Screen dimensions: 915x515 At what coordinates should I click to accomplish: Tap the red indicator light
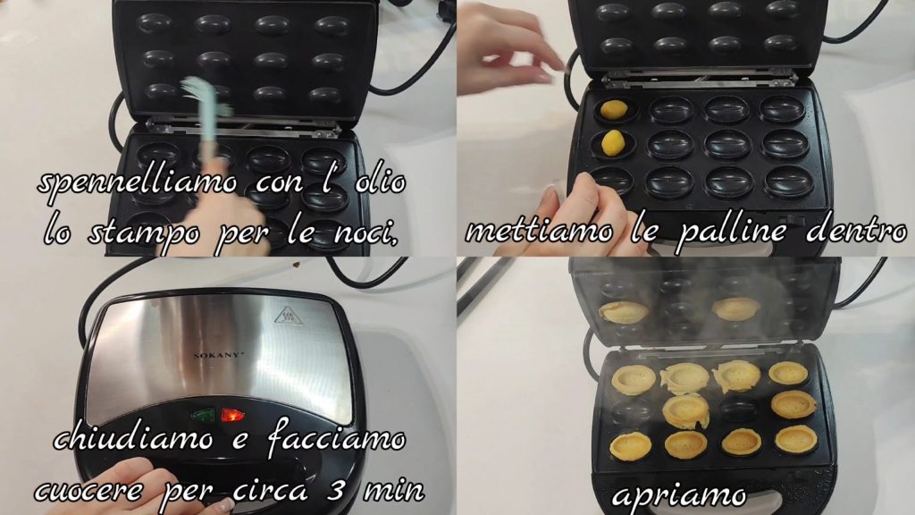click(x=232, y=416)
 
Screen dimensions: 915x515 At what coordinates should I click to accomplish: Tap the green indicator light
click(x=203, y=416)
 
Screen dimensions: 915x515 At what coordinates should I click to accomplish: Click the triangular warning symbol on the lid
click(x=288, y=316)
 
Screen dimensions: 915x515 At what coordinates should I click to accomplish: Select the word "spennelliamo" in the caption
click(x=138, y=183)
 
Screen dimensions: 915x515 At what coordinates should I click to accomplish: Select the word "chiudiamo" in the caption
click(x=134, y=438)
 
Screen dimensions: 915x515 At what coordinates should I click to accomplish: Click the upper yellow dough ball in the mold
click(x=614, y=109)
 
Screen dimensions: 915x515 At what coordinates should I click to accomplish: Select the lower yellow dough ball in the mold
click(x=613, y=143)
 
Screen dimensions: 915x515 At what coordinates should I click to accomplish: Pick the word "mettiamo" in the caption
click(x=540, y=232)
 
